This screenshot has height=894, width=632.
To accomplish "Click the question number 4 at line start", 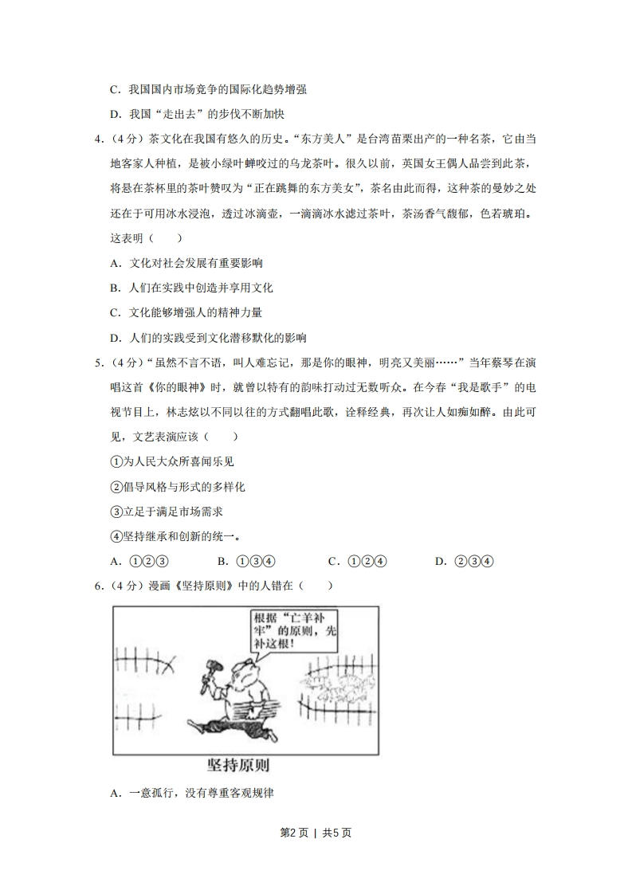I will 98,139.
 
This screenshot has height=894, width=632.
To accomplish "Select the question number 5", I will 98,363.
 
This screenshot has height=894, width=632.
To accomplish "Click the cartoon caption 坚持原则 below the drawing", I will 237,766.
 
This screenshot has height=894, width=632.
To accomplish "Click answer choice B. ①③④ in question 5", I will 246,561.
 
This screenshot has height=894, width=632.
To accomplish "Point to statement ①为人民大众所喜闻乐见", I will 171,461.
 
